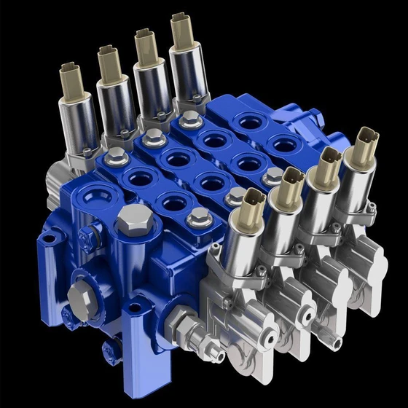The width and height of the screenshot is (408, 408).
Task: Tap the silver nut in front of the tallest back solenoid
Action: point(189,117)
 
